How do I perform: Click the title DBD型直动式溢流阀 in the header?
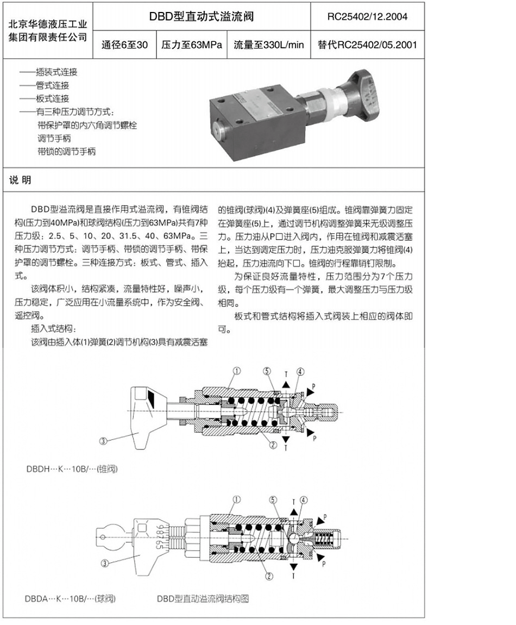coord(202,17)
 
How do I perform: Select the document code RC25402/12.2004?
coord(367,17)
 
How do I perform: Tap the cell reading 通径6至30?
coord(124,45)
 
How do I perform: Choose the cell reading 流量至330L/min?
coord(269,45)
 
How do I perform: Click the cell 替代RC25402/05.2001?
coord(367,45)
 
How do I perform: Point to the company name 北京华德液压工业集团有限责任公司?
coord(48,31)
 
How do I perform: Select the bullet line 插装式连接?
coord(48,72)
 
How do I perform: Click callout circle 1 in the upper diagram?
coord(237,371)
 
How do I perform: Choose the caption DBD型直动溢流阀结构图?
coord(203,599)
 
